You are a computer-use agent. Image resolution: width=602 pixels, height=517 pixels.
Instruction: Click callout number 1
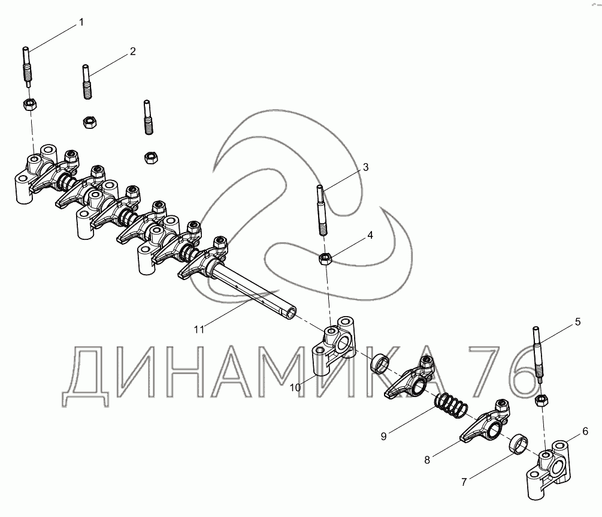click(x=81, y=22)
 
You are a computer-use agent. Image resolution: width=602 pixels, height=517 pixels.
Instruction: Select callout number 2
click(x=133, y=52)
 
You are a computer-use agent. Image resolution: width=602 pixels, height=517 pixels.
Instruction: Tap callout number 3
click(x=365, y=167)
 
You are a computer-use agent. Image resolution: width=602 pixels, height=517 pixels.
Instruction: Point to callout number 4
click(x=370, y=235)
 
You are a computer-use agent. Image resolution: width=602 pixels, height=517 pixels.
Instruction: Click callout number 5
click(x=578, y=322)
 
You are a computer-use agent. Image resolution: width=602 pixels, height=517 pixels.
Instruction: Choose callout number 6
click(x=585, y=431)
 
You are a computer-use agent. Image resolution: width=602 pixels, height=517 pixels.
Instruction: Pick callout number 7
click(x=464, y=482)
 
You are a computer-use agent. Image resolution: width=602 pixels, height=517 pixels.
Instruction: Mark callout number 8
click(x=427, y=460)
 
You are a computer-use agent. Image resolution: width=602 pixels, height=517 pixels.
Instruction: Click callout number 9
click(x=383, y=436)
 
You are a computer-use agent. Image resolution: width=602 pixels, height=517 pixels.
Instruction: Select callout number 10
click(x=295, y=387)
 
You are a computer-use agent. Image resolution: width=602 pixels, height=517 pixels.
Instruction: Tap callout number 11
click(x=199, y=329)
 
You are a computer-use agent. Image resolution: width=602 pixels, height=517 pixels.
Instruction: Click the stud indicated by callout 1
click(x=28, y=67)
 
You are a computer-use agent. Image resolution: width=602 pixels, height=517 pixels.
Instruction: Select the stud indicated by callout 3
click(x=322, y=211)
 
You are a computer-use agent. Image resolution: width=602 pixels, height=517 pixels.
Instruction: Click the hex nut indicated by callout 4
click(x=325, y=259)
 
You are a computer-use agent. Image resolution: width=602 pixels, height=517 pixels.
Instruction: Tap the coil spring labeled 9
click(x=451, y=405)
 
